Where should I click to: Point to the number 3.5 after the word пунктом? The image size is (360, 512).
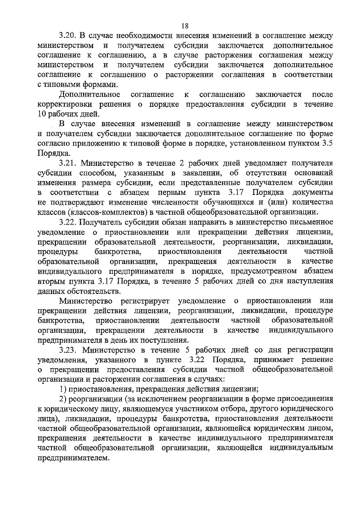(328, 143)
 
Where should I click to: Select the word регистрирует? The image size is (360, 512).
(145, 301)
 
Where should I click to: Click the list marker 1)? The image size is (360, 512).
(63, 389)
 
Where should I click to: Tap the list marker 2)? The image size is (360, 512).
(63, 399)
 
